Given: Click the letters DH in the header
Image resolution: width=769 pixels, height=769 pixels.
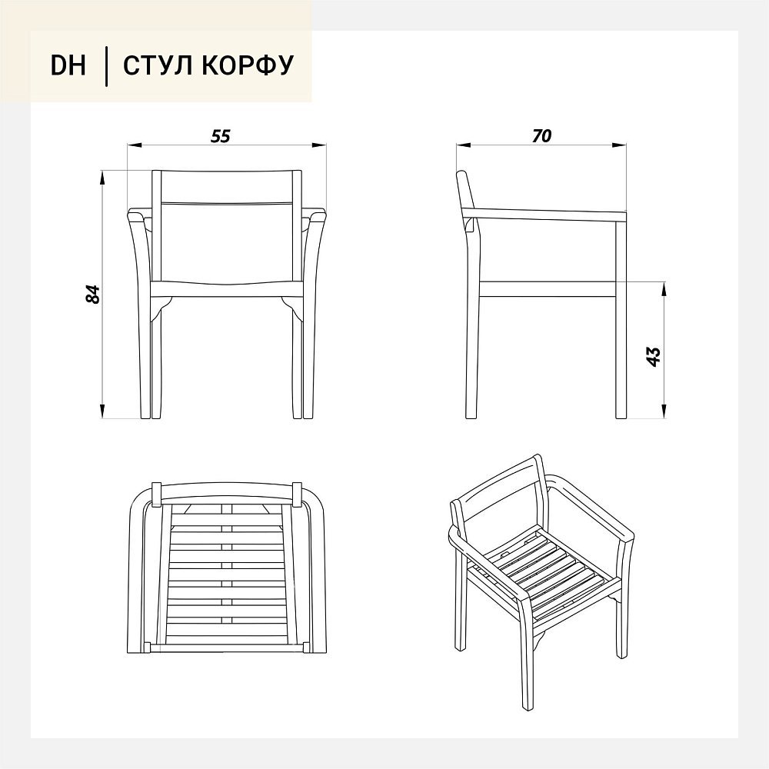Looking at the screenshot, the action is (x=68, y=65).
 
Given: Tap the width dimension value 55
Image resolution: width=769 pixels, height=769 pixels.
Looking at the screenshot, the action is (x=220, y=136).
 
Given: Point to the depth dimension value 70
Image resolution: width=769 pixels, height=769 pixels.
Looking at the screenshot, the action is (x=541, y=136).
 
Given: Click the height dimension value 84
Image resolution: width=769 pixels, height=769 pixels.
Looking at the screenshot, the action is (x=93, y=294).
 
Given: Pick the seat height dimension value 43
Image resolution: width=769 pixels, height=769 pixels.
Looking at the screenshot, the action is (x=654, y=357).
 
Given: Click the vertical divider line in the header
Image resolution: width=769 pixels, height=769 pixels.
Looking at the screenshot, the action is (x=107, y=66).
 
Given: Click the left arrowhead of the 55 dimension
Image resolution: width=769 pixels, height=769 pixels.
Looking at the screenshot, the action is (x=134, y=145).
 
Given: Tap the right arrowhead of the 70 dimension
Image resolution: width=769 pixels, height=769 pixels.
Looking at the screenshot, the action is (x=619, y=145).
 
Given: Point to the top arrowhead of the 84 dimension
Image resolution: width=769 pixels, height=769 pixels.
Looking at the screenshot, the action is (x=102, y=177).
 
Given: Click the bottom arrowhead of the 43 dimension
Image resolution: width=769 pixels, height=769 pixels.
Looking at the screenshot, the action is (x=664, y=411).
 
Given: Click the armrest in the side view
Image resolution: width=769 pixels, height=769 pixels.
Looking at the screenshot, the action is (x=544, y=215).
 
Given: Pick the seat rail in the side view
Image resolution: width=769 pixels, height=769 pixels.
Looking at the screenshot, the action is (x=548, y=289).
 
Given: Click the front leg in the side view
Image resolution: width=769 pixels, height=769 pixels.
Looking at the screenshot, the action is (x=621, y=320).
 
